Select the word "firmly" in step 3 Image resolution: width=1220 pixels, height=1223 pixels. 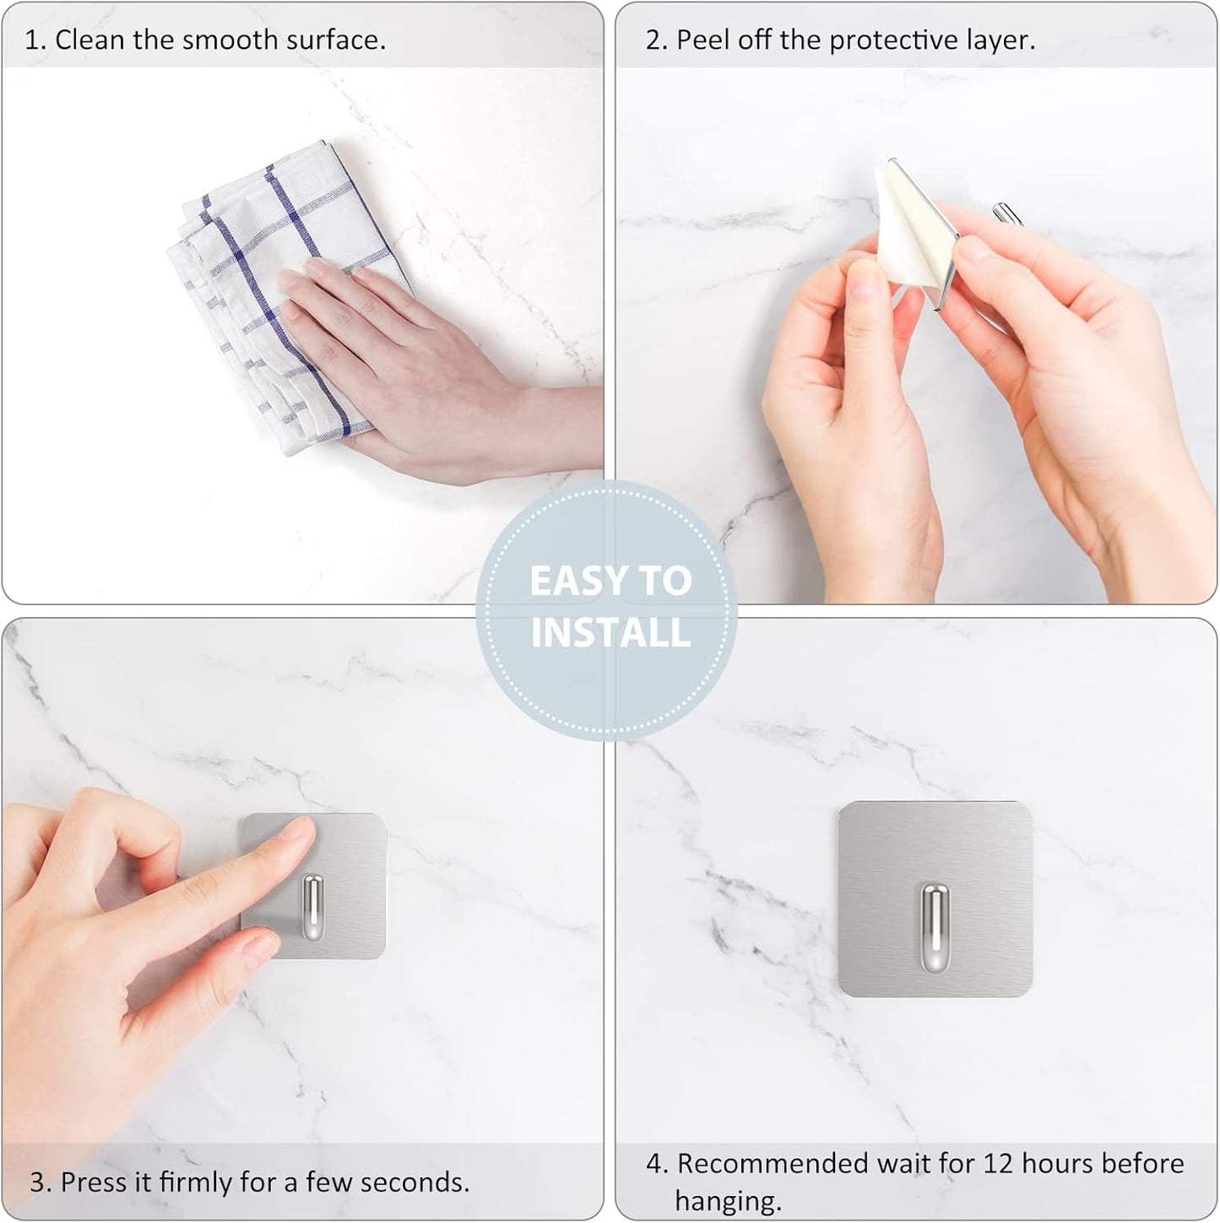pyautogui.click(x=195, y=1181)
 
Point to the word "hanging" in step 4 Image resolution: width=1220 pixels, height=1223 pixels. pyautogui.click(x=727, y=1199)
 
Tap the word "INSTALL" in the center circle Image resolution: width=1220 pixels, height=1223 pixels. pyautogui.click(x=610, y=633)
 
